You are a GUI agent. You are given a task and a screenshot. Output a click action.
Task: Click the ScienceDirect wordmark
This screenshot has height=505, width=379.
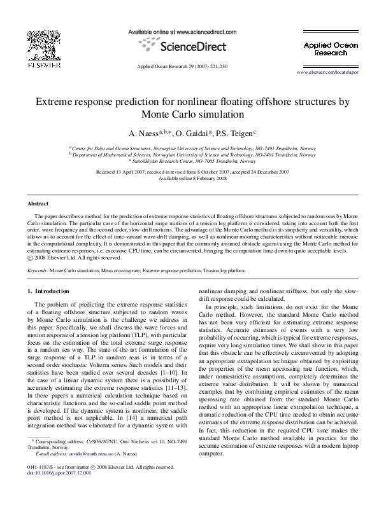tap(189, 46)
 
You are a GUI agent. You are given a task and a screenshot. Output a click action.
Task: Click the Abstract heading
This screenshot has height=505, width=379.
tap(37, 204)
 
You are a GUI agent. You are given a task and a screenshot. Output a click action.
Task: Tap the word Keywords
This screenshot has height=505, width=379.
tap(39, 270)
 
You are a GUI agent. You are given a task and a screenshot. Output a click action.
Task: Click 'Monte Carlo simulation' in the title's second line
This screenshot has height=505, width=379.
tap(189, 115)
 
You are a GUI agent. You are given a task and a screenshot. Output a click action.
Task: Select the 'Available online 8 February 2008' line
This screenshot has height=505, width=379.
tap(189, 178)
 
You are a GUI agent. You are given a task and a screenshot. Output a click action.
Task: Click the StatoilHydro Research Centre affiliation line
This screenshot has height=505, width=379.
tap(189, 161)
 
